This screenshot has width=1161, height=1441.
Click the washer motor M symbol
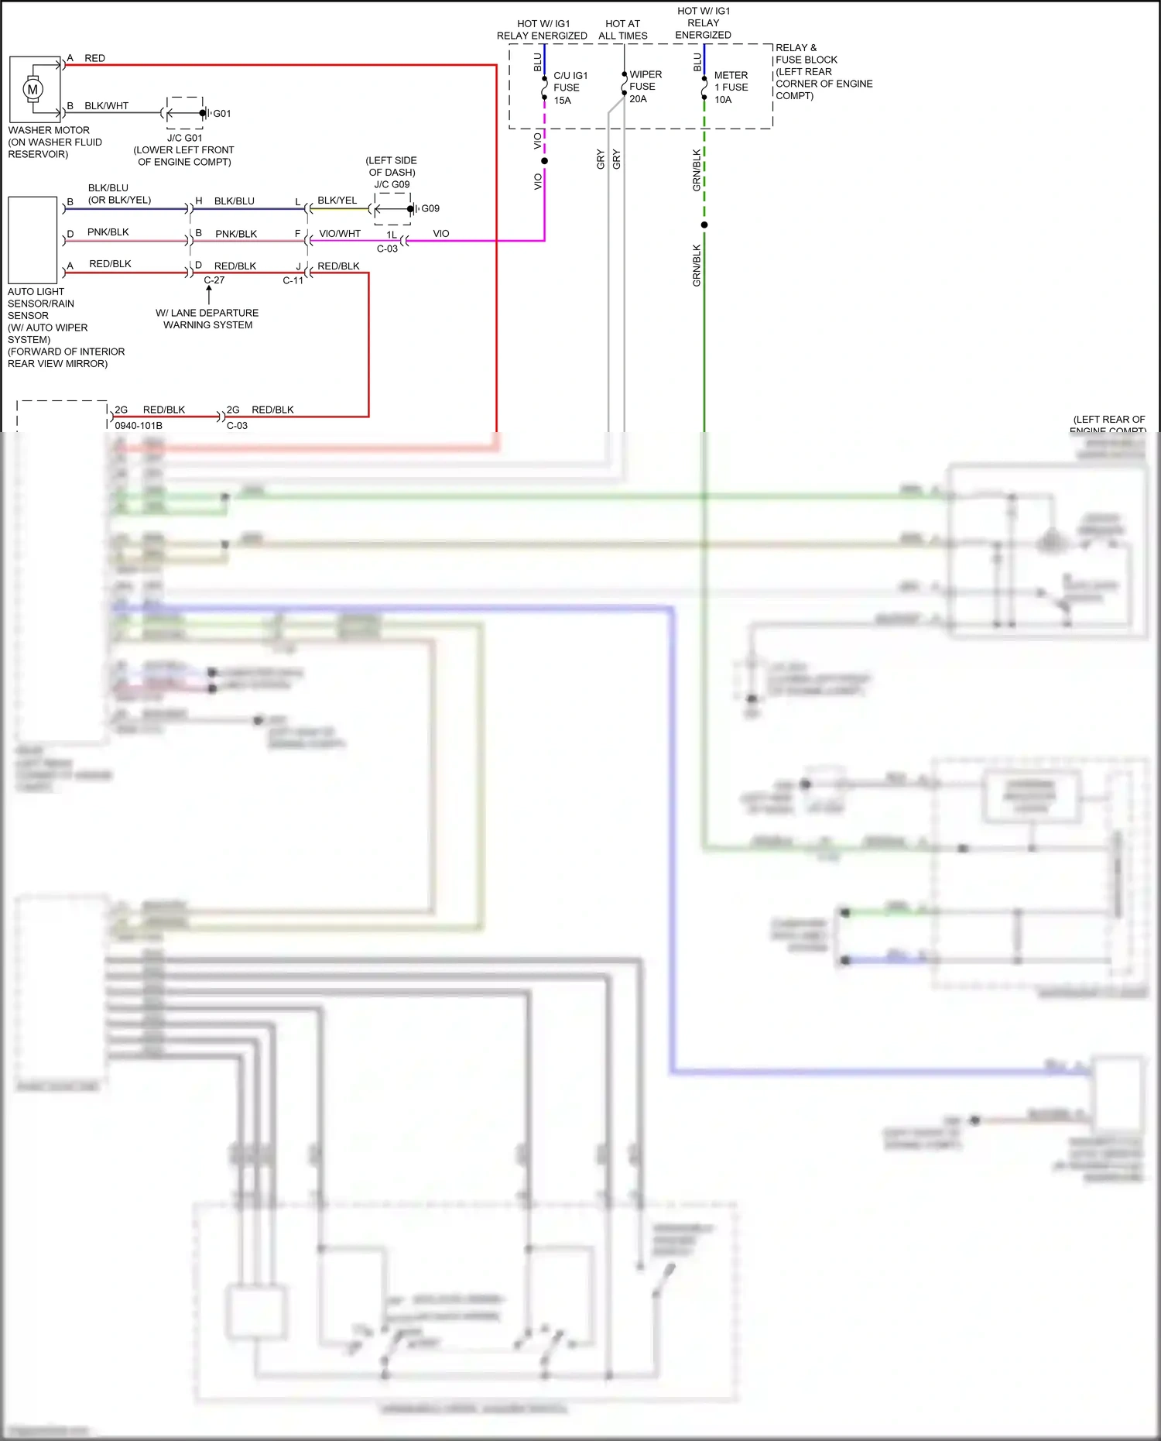pos(33,89)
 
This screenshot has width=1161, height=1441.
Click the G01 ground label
pos(222,113)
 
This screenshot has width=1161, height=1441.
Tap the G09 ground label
pos(430,208)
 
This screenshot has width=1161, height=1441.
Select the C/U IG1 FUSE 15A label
pos(570,87)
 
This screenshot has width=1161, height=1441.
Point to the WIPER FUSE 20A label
pos(645,87)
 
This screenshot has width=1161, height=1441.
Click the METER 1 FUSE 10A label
pos(731,87)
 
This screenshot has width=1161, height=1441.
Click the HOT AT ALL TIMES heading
pos(622,29)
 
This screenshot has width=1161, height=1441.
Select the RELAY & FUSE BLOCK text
pos(806,53)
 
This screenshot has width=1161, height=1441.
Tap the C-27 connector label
pos(214,280)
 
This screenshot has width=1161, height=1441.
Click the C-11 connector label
pos(293,280)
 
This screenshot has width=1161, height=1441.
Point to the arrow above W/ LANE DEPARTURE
pos(209,293)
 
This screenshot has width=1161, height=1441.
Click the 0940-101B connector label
pos(139,425)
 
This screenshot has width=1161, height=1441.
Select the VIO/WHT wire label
pos(340,233)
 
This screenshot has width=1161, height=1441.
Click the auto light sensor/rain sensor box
pos(33,239)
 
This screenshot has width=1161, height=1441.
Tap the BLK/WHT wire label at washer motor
pos(107,105)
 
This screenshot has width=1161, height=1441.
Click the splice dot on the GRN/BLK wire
pos(704,225)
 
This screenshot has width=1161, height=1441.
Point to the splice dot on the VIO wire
pos(544,161)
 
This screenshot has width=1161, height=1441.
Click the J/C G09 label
pos(392,184)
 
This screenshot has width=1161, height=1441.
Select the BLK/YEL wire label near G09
pos(337,200)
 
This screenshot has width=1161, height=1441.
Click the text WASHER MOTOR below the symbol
pos(49,130)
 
